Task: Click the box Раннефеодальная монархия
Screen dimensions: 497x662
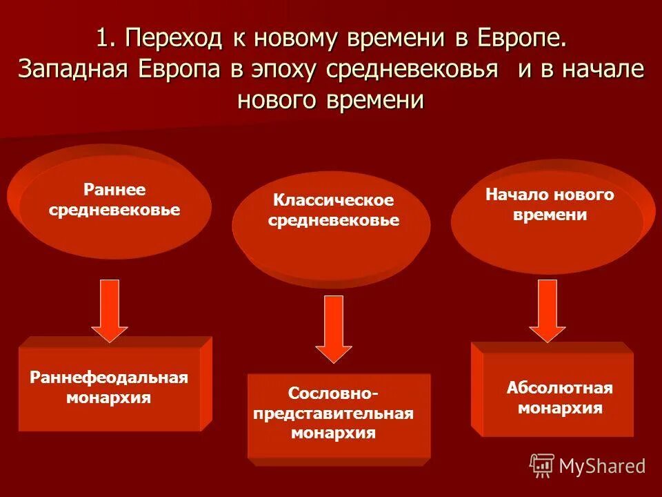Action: [109, 389]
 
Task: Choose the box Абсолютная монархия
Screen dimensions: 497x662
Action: [559, 397]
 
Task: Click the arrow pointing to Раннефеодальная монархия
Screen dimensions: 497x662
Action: [110, 309]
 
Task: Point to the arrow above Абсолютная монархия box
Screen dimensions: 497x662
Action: [548, 309]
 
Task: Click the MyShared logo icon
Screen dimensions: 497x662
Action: [542, 465]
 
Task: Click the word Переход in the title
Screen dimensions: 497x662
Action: [177, 39]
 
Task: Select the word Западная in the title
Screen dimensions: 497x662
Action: [73, 70]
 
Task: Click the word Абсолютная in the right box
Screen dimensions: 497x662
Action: [560, 387]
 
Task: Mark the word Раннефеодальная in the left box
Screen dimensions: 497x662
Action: [109, 378]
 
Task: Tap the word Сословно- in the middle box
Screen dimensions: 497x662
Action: [333, 393]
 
